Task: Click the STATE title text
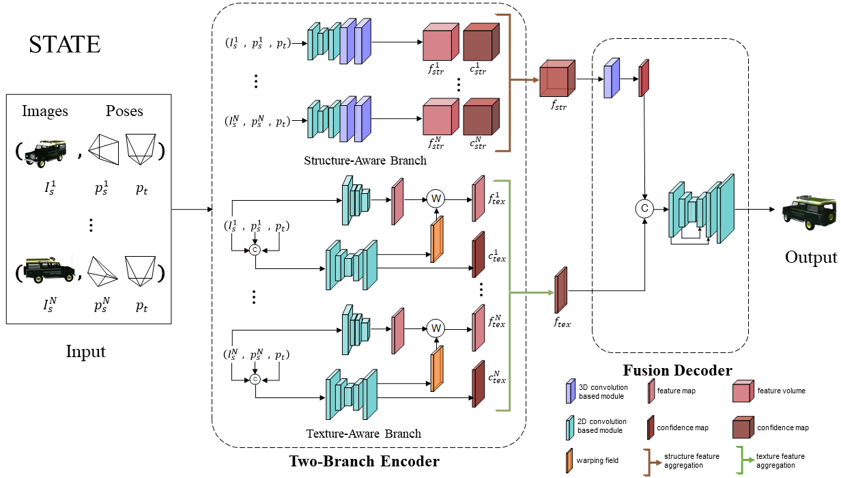click(65, 44)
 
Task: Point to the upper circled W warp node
click(436, 198)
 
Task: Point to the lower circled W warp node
click(436, 328)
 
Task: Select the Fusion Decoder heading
click(677, 371)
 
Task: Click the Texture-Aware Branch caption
click(363, 433)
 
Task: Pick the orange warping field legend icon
click(570, 460)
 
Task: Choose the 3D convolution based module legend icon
click(570, 391)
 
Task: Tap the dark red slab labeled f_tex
click(560, 290)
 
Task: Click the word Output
click(810, 257)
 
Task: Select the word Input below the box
click(85, 352)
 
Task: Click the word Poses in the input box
click(124, 111)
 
